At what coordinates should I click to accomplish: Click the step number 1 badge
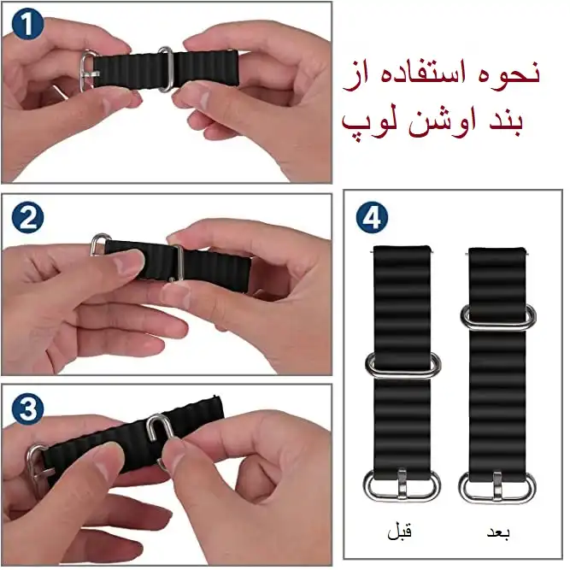[x=29, y=25]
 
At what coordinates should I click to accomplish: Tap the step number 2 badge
[x=29, y=217]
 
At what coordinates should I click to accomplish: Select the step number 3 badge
[x=29, y=408]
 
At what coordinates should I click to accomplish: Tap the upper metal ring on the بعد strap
[x=498, y=315]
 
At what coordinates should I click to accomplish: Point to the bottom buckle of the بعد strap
[x=498, y=487]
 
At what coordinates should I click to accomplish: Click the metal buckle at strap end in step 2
[x=99, y=245]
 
